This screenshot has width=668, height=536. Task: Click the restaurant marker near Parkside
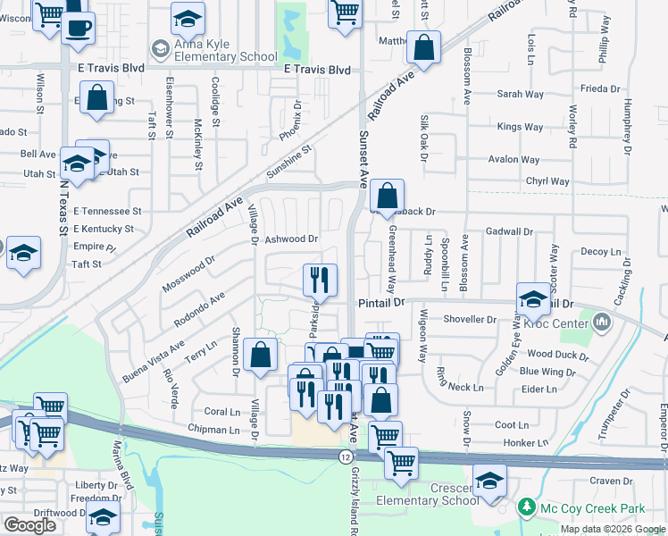click(x=319, y=281)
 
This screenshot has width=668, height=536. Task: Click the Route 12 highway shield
click(x=345, y=456)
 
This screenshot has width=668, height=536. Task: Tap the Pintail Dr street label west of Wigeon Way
click(x=381, y=303)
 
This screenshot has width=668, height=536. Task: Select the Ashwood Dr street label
click(x=291, y=239)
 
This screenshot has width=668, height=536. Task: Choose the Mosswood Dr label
click(x=188, y=274)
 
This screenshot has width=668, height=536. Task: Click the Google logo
click(x=29, y=525)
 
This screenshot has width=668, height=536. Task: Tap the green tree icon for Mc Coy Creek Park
click(x=527, y=507)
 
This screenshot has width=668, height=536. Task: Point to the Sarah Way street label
click(x=521, y=94)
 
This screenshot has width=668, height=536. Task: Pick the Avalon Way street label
click(x=514, y=160)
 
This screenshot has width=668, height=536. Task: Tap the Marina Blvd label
click(x=122, y=466)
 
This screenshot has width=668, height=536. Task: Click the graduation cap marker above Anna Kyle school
click(x=188, y=19)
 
